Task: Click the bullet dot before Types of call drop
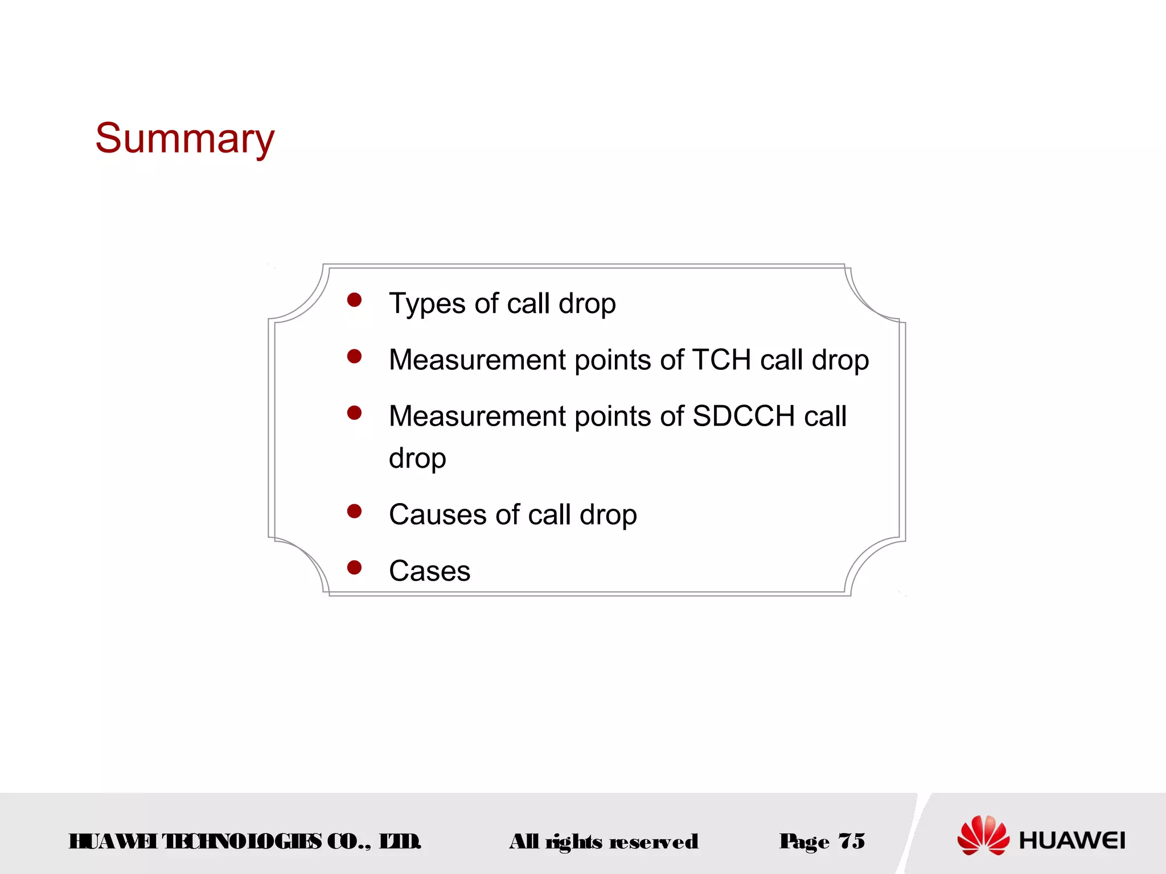pos(354,300)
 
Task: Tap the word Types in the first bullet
pos(427,303)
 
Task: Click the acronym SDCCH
pos(743,416)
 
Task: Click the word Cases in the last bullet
pos(429,571)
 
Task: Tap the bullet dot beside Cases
pos(354,567)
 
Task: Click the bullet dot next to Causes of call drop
pos(354,511)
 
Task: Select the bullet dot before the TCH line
pos(354,356)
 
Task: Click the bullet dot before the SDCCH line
pos(354,413)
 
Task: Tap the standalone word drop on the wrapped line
pos(417,459)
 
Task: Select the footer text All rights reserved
pos(603,842)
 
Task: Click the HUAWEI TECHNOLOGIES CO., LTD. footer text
pos(245,842)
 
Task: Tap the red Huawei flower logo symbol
pos(983,835)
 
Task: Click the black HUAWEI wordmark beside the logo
pos(1071,840)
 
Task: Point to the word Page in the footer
pos(804,842)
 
